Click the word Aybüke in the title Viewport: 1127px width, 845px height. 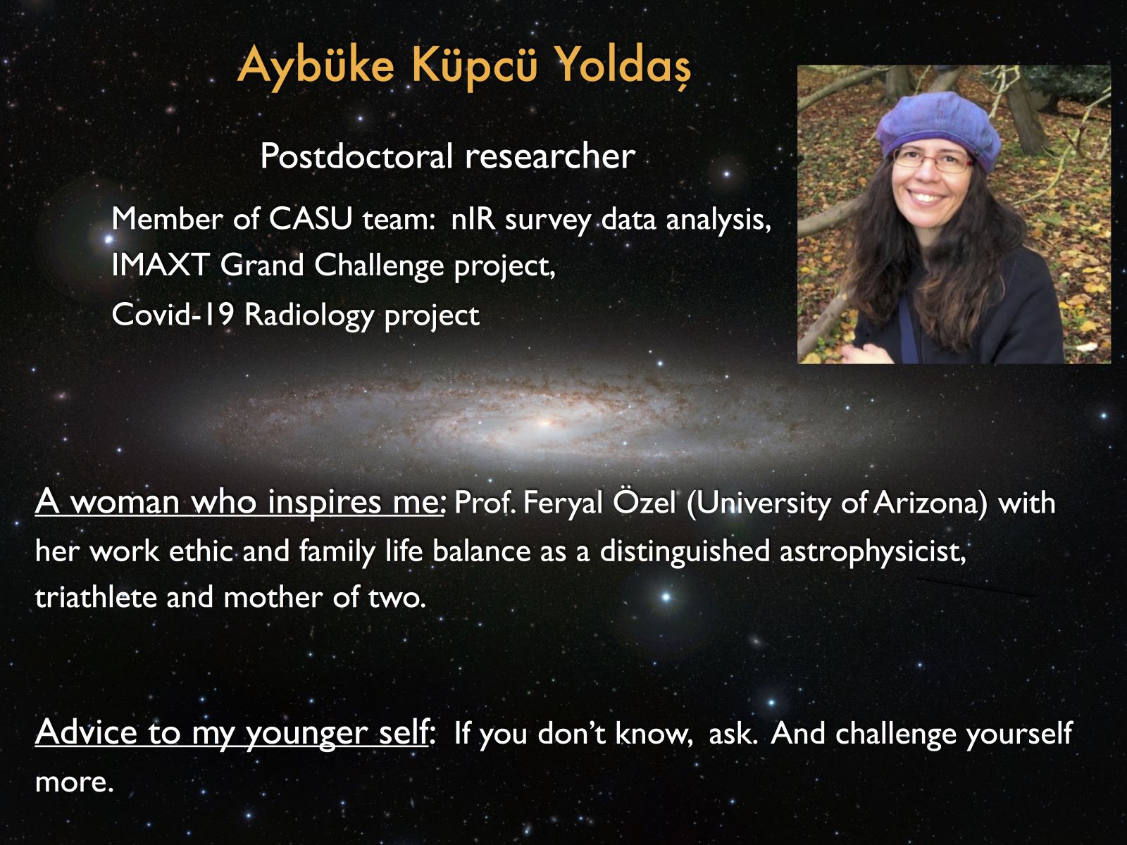[316, 65]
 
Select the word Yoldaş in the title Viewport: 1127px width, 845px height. [624, 65]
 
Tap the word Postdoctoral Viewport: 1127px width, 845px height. [357, 156]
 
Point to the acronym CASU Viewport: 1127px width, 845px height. [311, 219]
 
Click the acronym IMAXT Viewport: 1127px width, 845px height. [160, 265]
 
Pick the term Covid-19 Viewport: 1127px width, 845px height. [173, 314]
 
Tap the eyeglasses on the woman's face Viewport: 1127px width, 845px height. [933, 159]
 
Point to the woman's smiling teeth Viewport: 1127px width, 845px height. [926, 196]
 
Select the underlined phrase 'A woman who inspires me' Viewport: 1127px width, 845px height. [239, 502]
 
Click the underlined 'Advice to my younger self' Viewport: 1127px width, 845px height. [232, 732]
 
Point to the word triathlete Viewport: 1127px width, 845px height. [96, 597]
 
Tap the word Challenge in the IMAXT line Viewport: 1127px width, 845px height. [380, 265]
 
